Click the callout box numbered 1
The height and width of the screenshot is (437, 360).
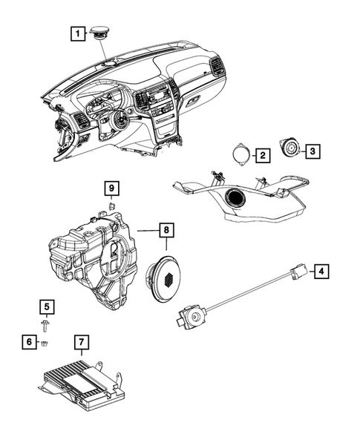pyautogui.click(x=76, y=33)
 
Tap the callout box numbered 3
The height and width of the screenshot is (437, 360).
pyautogui.click(x=313, y=151)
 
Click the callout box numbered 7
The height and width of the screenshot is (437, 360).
pyautogui.click(x=82, y=342)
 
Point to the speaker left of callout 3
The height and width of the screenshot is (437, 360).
pyautogui.click(x=289, y=151)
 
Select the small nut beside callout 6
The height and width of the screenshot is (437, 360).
pyautogui.click(x=45, y=343)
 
